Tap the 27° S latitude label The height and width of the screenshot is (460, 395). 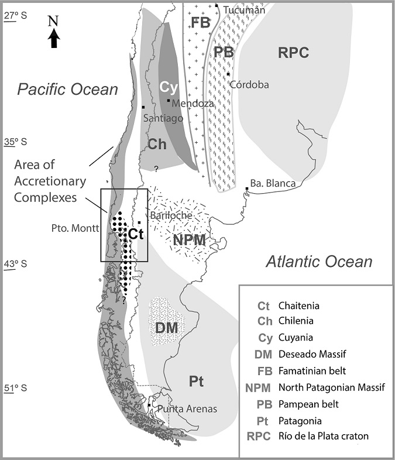pos(16,18)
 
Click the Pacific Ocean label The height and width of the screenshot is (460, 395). pos(67,89)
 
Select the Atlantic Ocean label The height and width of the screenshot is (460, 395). pos(319,262)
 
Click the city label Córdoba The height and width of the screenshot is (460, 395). pos(250,84)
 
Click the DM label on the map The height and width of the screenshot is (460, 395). pos(167,328)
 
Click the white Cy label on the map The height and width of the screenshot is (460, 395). pos(168,86)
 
